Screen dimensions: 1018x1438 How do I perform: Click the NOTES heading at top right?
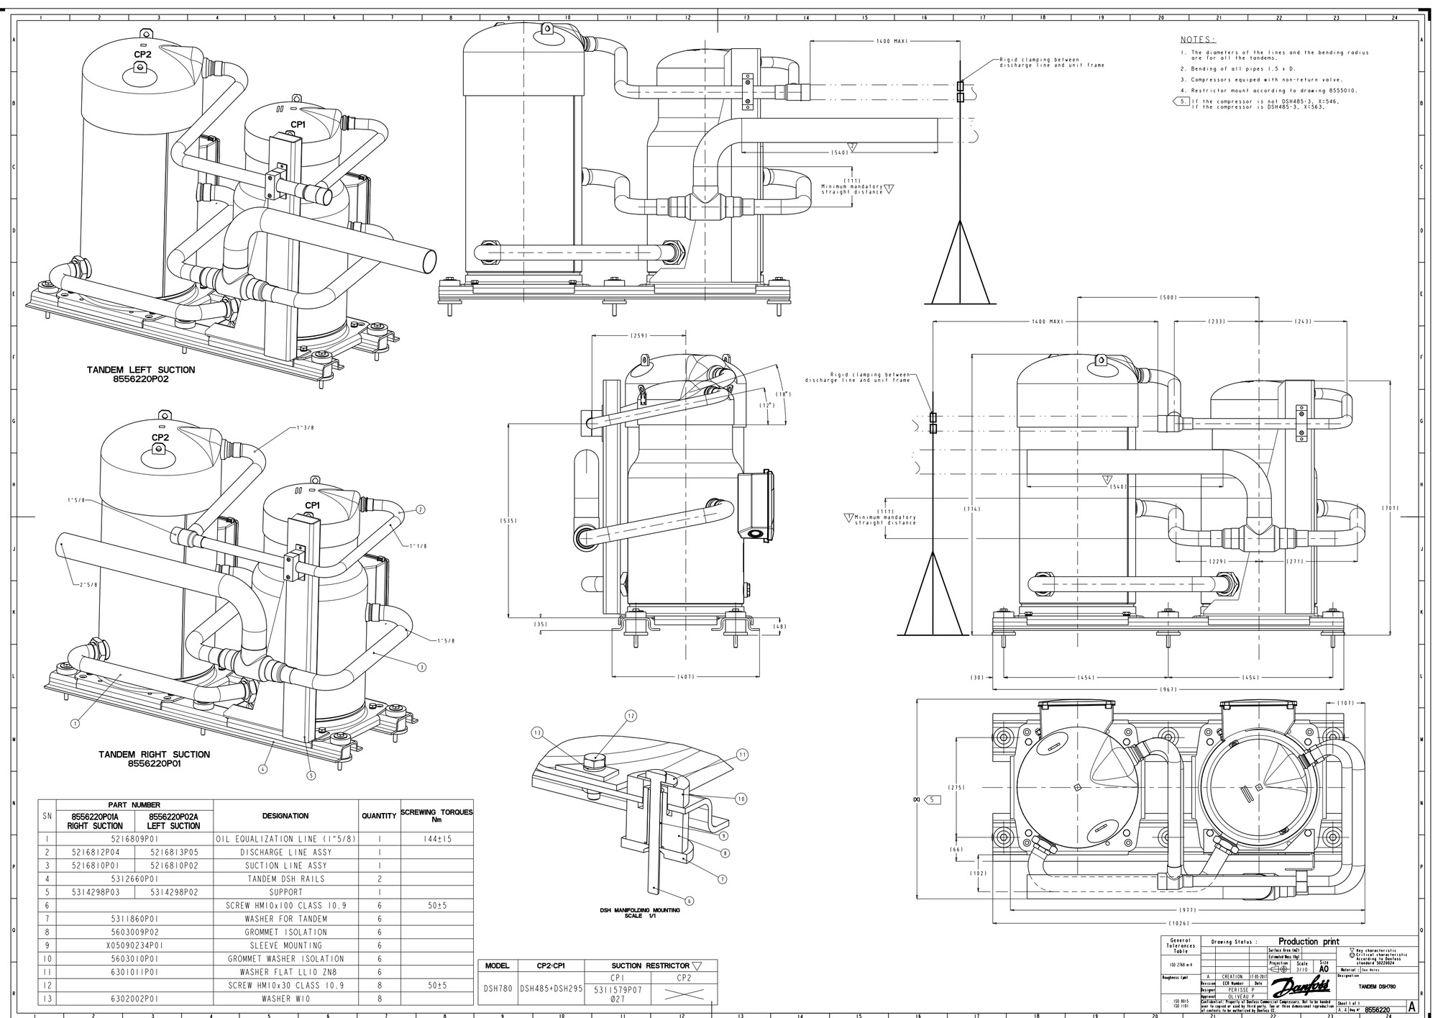point(1197,40)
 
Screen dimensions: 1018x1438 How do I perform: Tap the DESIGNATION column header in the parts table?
point(285,816)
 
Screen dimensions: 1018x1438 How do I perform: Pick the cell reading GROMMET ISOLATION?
point(285,932)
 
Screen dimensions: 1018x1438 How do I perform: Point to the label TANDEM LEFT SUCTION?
point(141,370)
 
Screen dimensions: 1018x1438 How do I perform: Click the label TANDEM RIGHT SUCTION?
point(154,754)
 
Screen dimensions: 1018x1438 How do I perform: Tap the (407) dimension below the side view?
point(686,677)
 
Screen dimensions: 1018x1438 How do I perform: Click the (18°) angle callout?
point(783,394)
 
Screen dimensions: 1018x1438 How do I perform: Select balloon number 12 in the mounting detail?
point(631,716)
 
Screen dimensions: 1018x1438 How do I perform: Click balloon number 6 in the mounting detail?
point(690,900)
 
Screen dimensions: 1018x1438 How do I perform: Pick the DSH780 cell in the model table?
point(497,989)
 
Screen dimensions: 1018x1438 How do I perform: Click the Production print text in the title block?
point(1308,941)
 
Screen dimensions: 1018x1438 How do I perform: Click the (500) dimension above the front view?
point(1168,297)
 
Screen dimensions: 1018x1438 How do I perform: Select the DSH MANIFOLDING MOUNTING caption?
point(640,911)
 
